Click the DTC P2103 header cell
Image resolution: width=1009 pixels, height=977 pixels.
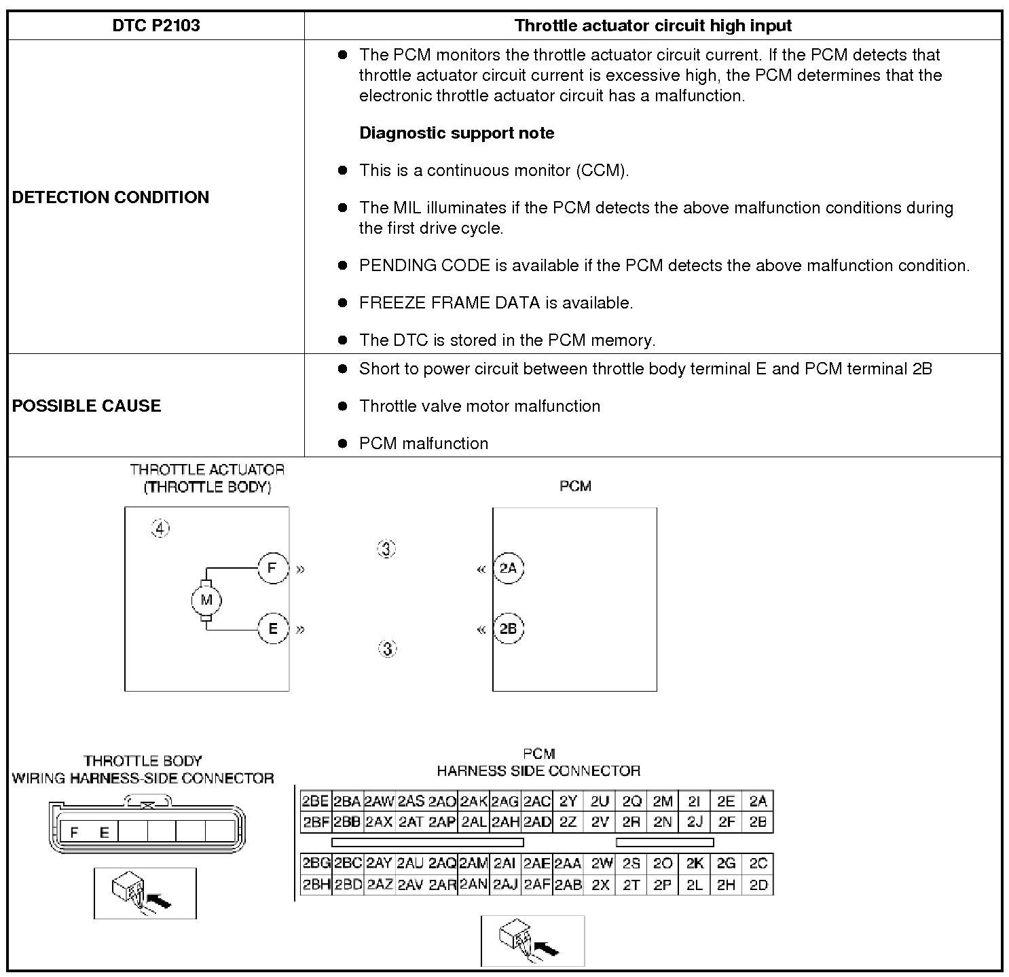(x=156, y=26)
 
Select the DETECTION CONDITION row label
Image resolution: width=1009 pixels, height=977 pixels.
(x=111, y=197)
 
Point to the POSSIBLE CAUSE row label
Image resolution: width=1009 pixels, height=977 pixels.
(x=87, y=406)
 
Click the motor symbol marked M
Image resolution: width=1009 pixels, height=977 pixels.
(x=206, y=600)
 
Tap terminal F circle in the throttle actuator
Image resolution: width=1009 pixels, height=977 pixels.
(x=273, y=568)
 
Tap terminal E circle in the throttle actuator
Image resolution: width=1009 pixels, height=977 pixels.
(x=273, y=628)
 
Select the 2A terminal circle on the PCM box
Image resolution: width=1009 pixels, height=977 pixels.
(x=508, y=568)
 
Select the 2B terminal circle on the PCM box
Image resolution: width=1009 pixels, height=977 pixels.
(x=508, y=628)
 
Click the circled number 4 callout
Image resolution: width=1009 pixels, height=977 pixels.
(x=160, y=529)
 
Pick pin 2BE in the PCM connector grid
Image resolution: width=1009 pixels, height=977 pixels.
(x=315, y=801)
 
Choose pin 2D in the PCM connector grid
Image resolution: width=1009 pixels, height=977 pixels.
(x=758, y=885)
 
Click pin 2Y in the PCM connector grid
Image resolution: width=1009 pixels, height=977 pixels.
(x=568, y=801)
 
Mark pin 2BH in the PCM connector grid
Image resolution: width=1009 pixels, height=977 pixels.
(x=316, y=885)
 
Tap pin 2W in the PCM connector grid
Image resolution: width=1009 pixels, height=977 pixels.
(x=601, y=864)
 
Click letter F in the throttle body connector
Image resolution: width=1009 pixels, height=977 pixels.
(x=74, y=832)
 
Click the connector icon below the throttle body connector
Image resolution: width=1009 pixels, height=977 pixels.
(x=145, y=893)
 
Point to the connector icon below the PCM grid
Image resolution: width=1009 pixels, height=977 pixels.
(x=532, y=940)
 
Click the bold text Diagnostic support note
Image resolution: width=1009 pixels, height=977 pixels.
(x=456, y=133)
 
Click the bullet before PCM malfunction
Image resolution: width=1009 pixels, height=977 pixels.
(x=343, y=444)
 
